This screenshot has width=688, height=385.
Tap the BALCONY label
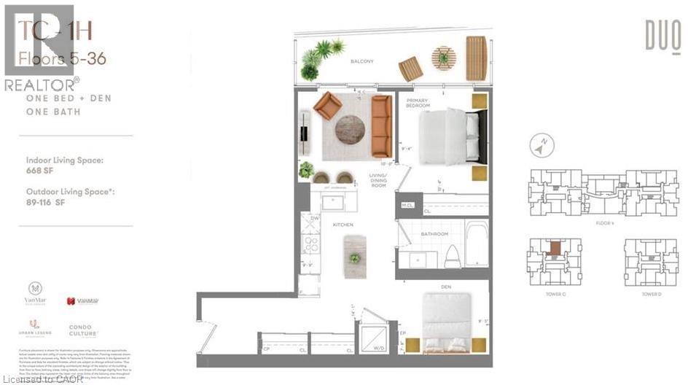pos(361,62)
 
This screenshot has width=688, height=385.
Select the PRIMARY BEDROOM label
pos(418,104)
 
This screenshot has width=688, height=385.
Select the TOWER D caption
pos(651,293)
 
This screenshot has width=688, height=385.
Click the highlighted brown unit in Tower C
pos(555,248)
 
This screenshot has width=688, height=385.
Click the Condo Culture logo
pos(84,332)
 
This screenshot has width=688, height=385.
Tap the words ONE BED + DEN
pos(68,98)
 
